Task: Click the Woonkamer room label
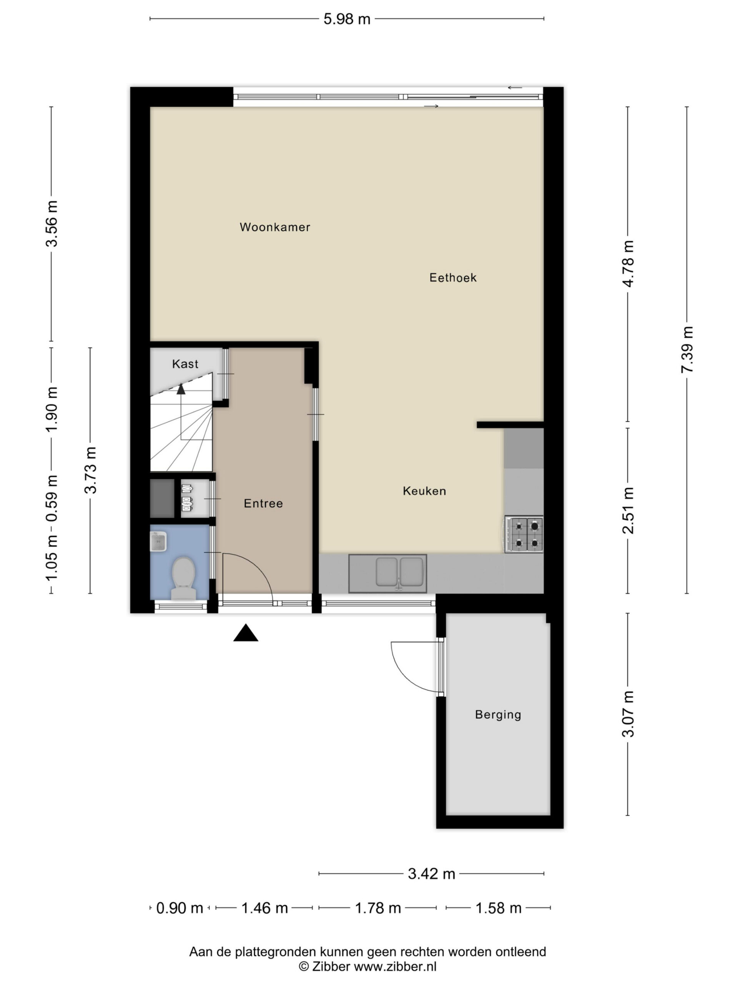click(274, 227)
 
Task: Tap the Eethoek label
click(453, 278)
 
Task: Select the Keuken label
click(424, 491)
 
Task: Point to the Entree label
click(263, 503)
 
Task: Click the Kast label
click(185, 364)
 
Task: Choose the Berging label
click(498, 715)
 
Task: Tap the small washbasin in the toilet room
click(158, 541)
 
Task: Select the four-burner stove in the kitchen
click(524, 534)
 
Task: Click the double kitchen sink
click(387, 573)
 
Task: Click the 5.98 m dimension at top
click(347, 19)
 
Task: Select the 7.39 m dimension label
click(687, 350)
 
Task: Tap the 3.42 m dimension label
click(432, 874)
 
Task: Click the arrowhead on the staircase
click(181, 389)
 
